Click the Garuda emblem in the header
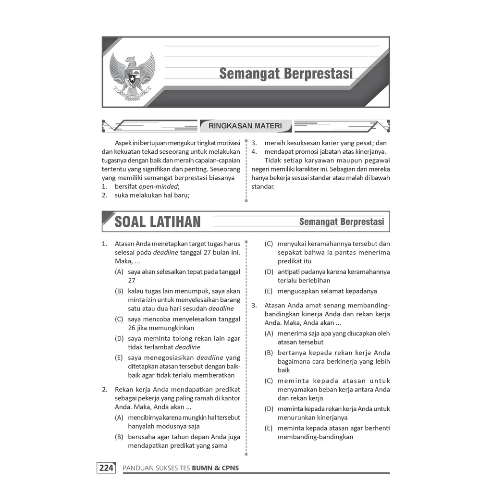[133, 74]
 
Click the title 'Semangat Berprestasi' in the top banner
[286, 74]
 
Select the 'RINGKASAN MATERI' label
[245, 126]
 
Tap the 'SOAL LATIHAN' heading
[158, 222]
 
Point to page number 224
[106, 468]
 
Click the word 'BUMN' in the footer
[201, 468]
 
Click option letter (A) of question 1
[119, 272]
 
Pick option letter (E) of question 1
[119, 357]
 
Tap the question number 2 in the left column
[104, 390]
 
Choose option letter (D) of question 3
[269, 409]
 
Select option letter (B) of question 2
[119, 437]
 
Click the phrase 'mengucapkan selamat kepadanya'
[327, 291]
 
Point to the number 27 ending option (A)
[132, 281]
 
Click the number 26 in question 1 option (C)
[132, 328]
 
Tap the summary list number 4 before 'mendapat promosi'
[254, 152]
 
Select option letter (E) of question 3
[269, 428]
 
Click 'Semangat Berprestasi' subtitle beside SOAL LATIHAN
[341, 222]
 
